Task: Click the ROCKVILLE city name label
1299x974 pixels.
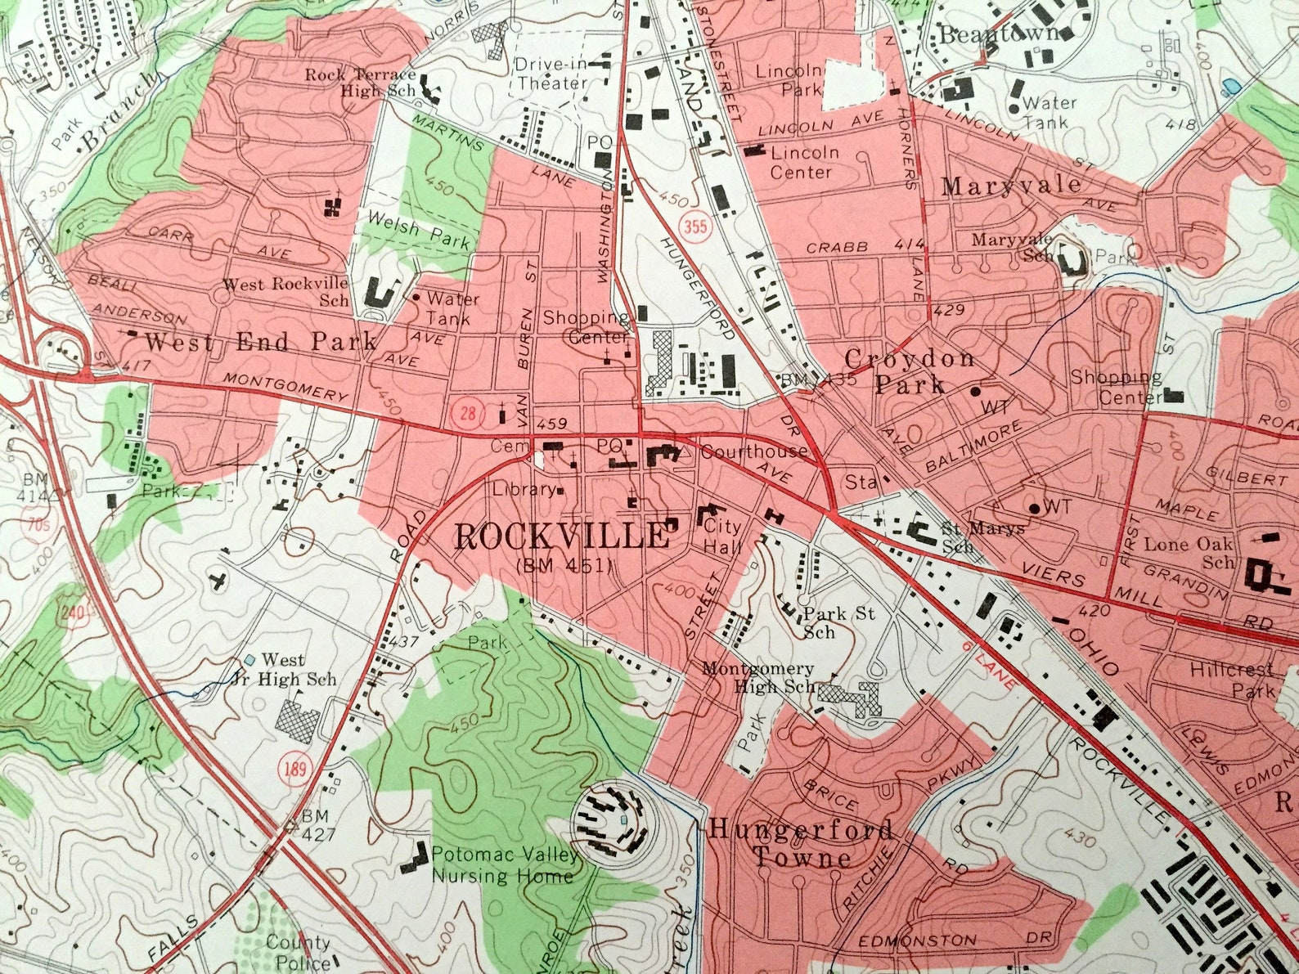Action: click(561, 536)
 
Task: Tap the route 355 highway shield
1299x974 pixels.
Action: click(698, 224)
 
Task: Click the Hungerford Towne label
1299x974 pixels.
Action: click(801, 843)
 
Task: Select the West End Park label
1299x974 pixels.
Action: click(261, 341)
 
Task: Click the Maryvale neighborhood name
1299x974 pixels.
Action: click(1011, 186)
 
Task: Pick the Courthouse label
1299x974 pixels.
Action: click(753, 451)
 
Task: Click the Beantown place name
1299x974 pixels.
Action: click(999, 35)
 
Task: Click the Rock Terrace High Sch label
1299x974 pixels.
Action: click(361, 83)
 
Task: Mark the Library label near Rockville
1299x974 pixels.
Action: click(524, 490)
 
